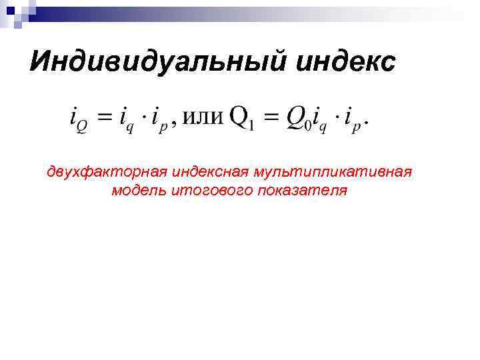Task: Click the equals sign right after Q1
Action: click(269, 118)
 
